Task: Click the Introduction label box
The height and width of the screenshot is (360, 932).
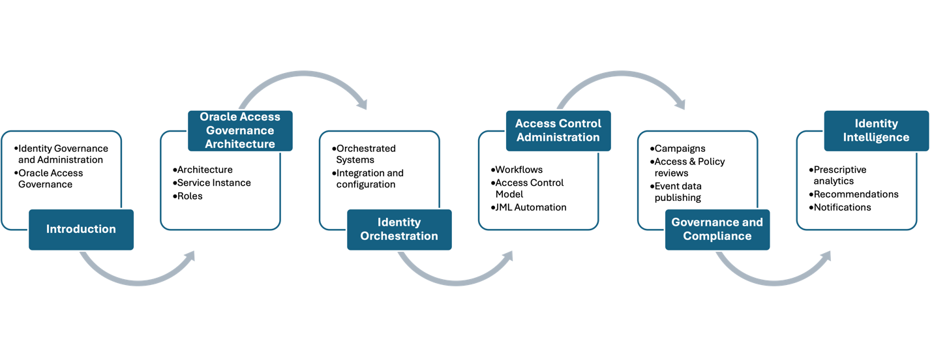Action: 81,230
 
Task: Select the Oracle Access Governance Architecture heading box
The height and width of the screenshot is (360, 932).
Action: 240,130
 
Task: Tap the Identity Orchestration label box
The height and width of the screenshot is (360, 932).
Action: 399,230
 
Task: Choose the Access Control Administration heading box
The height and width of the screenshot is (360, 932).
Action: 558,130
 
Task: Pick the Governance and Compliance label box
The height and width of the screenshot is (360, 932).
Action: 717,230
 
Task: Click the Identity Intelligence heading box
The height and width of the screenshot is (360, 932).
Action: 876,130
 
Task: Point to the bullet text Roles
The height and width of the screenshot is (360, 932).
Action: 190,196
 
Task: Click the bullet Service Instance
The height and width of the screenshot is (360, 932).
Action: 214,183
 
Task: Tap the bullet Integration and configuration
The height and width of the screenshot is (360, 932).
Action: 369,179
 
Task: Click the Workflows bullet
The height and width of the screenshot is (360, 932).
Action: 519,170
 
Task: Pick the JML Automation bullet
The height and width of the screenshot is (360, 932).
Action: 530,207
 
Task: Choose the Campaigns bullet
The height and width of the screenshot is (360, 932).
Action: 680,149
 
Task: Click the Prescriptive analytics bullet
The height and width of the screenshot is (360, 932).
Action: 840,175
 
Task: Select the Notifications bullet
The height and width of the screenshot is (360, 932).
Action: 842,207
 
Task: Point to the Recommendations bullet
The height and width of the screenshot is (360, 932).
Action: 856,194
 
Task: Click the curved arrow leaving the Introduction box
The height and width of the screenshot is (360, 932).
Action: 137,277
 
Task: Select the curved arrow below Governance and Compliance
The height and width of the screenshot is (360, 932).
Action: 773,277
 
